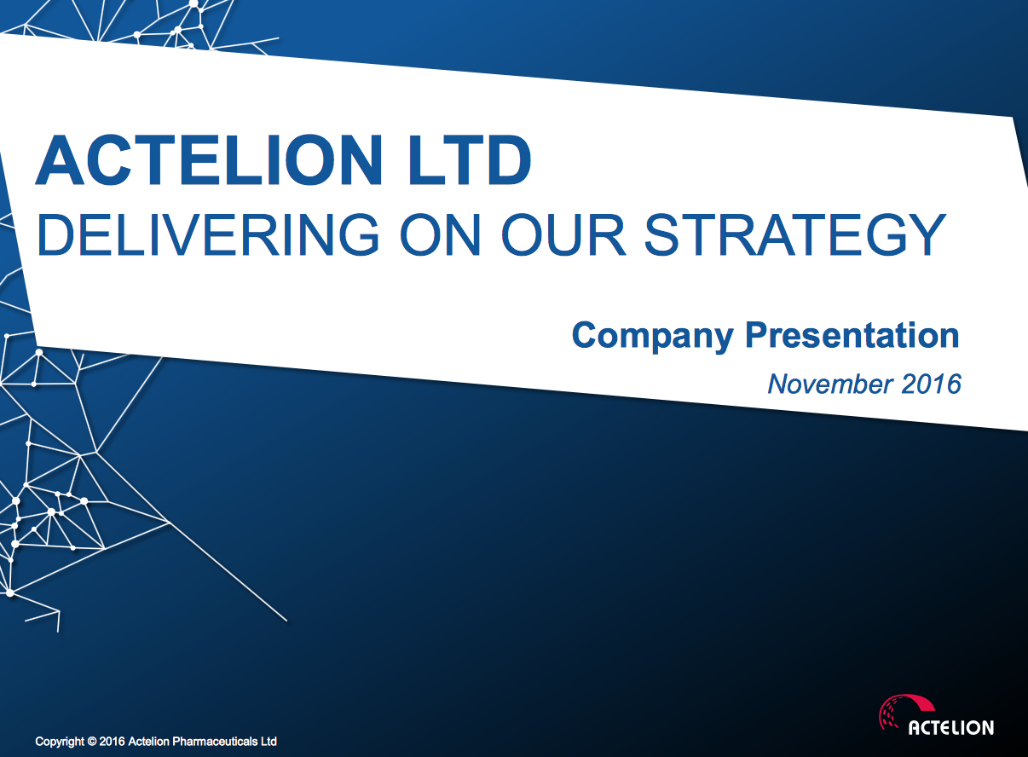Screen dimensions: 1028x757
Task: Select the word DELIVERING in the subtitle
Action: click(x=208, y=234)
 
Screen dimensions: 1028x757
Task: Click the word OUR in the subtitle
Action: click(x=563, y=234)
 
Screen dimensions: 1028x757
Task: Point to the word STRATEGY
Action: click(x=794, y=234)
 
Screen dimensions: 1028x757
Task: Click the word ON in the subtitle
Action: click(x=441, y=234)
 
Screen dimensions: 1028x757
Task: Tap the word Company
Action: click(x=652, y=336)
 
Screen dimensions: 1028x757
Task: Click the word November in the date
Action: click(x=830, y=384)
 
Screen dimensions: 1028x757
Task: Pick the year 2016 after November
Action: click(x=932, y=384)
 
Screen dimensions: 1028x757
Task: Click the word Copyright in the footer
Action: click(x=61, y=742)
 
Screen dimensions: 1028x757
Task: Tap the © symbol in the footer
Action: click(x=92, y=741)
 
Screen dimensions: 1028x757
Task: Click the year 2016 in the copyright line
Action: click(x=112, y=741)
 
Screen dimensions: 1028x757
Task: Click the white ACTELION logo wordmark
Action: click(x=951, y=728)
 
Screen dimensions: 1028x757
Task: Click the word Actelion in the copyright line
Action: click(x=148, y=741)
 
